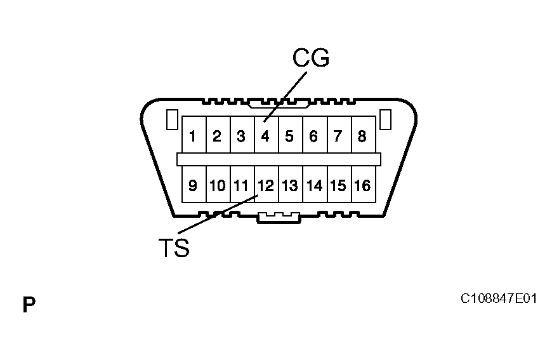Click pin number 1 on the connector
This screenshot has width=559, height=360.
click(x=193, y=136)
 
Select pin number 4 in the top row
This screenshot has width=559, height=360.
click(x=266, y=136)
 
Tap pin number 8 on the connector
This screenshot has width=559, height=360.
click(x=362, y=136)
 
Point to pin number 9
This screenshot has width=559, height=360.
click(x=193, y=185)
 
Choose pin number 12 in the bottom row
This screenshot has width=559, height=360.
click(x=266, y=185)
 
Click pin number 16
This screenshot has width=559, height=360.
click(x=362, y=185)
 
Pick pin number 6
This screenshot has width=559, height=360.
click(x=313, y=136)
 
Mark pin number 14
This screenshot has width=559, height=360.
click(x=314, y=185)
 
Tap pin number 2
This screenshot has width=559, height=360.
click(x=217, y=136)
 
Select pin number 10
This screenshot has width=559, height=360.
click(x=217, y=185)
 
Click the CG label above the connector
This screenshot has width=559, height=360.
click(x=311, y=58)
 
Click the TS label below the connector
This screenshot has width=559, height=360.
click(x=173, y=248)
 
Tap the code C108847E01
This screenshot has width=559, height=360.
click(x=499, y=298)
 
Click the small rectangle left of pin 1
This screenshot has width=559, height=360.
click(x=171, y=120)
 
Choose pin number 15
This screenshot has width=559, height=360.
click(x=338, y=185)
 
